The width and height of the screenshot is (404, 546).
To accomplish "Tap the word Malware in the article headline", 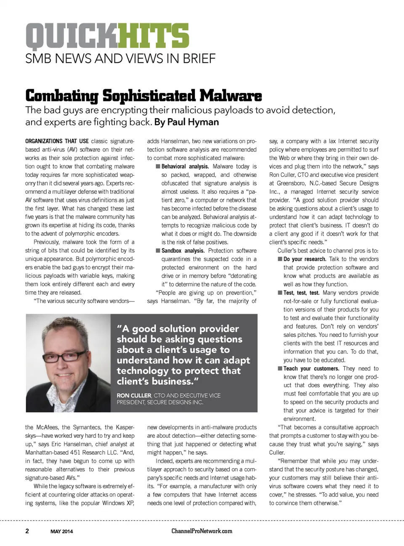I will (x=231, y=96).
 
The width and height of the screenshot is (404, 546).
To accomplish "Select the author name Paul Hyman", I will (x=193, y=122).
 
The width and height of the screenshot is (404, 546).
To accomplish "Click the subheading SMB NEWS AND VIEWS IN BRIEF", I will (x=120, y=59).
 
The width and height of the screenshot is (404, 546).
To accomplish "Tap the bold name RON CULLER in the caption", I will (x=134, y=396).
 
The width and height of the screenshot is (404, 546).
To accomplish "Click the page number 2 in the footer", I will (x=27, y=531).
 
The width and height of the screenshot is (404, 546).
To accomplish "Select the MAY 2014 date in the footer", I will (x=61, y=531).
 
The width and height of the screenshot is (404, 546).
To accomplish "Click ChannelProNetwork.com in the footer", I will (x=202, y=531).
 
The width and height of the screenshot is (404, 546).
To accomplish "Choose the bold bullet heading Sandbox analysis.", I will (x=183, y=250).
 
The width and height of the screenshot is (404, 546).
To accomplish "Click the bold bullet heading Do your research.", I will (x=305, y=259).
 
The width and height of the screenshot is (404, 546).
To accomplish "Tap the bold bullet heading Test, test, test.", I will (x=301, y=293).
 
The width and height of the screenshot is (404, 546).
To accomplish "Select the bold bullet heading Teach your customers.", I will (x=311, y=368).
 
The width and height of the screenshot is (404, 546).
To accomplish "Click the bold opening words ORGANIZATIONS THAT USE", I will (x=57, y=141).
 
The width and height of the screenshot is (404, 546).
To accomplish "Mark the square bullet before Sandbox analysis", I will (x=158, y=250).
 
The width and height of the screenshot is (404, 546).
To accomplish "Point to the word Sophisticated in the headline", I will (x=149, y=96).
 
